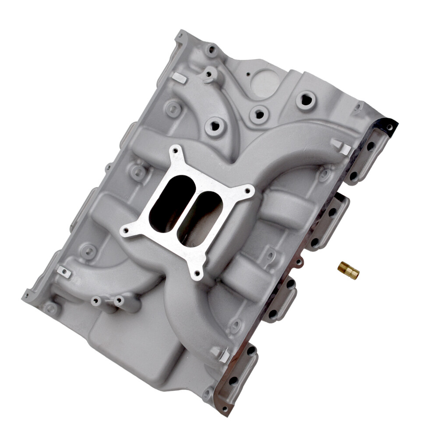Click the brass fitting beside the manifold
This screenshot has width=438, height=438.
(x=349, y=271)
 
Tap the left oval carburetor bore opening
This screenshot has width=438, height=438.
(x=172, y=203)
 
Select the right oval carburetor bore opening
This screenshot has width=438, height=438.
(x=200, y=219)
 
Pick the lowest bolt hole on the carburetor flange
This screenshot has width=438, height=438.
(x=197, y=273)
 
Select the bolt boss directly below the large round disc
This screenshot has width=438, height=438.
(x=259, y=115)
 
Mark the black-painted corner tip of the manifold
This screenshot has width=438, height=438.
(x=389, y=125)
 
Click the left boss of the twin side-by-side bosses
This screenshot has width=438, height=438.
(x=96, y=301)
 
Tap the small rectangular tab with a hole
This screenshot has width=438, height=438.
(x=64, y=272)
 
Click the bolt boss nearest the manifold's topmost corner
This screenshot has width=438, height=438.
(x=212, y=50)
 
